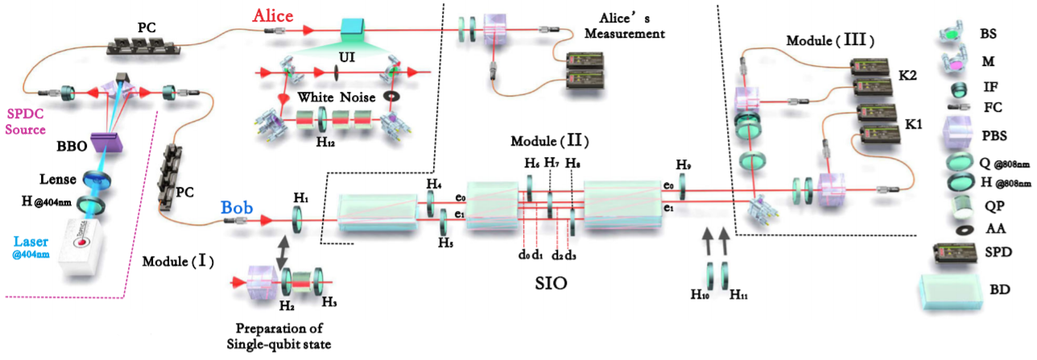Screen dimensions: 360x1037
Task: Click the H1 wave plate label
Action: (300, 197)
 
